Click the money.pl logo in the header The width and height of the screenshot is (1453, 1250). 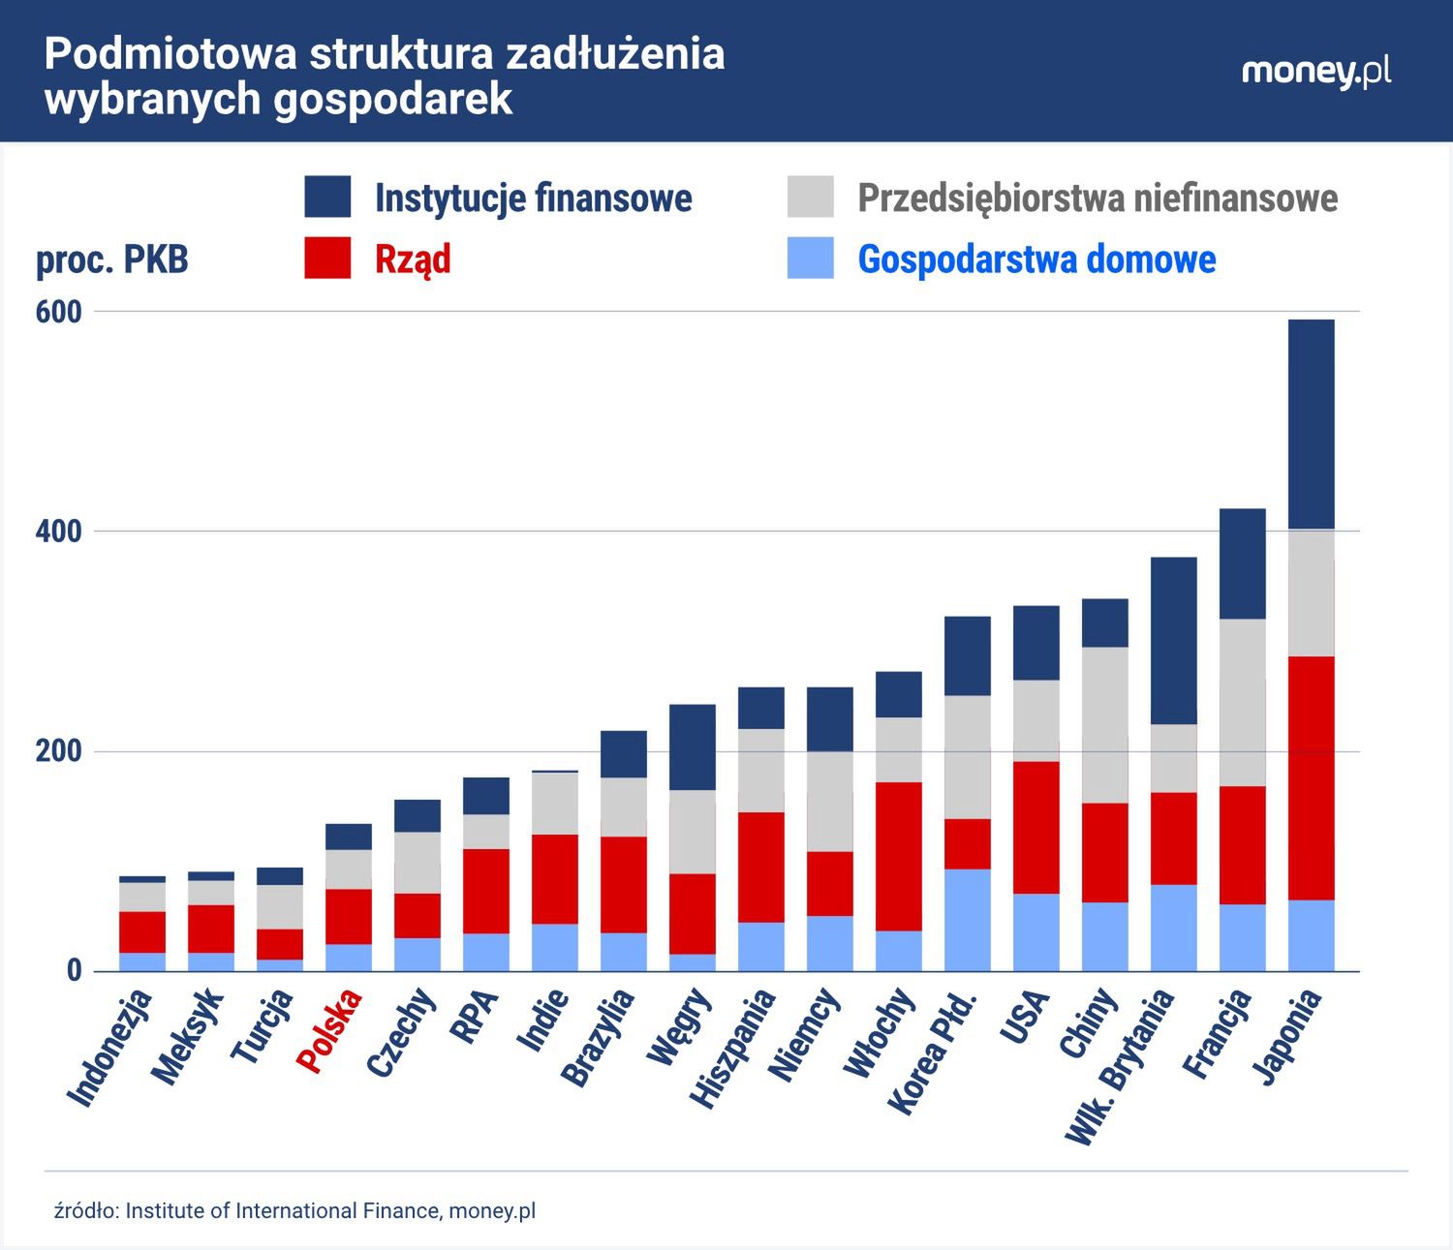click(x=1316, y=73)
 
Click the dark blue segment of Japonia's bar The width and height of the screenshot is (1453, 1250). click(x=1311, y=423)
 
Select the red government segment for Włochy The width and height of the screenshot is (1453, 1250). click(x=898, y=856)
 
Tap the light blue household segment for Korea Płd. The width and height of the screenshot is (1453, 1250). click(x=967, y=920)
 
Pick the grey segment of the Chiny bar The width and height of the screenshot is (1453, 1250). click(x=1104, y=724)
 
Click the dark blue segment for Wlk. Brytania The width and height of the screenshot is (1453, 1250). click(x=1173, y=640)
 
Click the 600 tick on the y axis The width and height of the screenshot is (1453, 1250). click(x=59, y=312)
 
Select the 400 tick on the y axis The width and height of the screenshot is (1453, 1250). click(x=59, y=532)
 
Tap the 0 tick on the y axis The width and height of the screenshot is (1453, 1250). click(x=74, y=970)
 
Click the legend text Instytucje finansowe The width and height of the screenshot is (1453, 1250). click(x=533, y=198)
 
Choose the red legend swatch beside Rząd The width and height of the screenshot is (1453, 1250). click(x=327, y=259)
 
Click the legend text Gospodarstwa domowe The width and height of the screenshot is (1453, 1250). click(x=1036, y=259)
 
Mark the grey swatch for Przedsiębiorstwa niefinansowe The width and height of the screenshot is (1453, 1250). click(x=810, y=198)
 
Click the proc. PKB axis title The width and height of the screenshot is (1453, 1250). click(x=112, y=259)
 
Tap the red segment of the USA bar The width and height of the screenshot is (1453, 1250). click(x=1036, y=827)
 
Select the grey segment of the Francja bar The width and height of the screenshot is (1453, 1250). click(x=1242, y=702)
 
